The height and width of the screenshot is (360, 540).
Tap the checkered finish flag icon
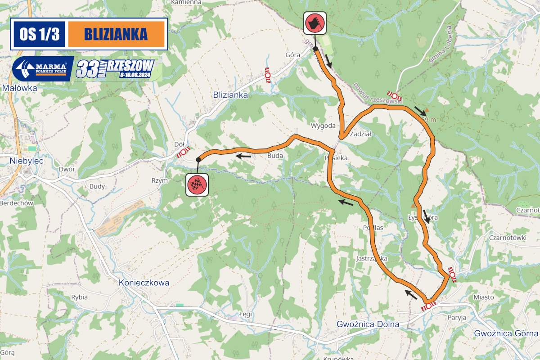(x=197, y=184)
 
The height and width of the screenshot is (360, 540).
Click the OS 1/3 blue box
(x=39, y=34)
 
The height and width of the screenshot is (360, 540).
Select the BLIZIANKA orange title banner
(x=116, y=34)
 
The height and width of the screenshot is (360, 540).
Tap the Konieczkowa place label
(x=144, y=283)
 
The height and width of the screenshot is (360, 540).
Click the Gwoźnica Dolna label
(x=368, y=324)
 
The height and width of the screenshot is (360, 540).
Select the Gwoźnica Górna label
(x=506, y=333)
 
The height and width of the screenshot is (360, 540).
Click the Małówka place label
(x=19, y=88)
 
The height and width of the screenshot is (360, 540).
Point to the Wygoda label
(x=323, y=126)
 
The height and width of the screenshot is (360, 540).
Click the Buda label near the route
(x=275, y=156)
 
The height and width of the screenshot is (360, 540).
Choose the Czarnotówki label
(x=507, y=238)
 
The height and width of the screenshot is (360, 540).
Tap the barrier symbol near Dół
(x=183, y=153)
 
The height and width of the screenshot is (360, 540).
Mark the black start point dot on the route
(x=316, y=49)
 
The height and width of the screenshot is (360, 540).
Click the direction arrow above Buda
(x=243, y=156)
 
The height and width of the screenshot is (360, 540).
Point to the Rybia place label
(x=79, y=297)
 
